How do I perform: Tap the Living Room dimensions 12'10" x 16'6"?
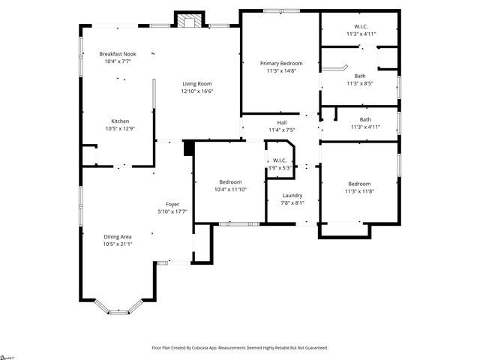pyautogui.click(x=197, y=91)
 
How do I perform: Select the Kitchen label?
pyautogui.click(x=121, y=121)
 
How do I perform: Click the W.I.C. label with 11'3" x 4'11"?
pyautogui.click(x=359, y=26)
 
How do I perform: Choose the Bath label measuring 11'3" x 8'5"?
pyautogui.click(x=359, y=76)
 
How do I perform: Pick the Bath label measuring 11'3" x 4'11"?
pyautogui.click(x=365, y=119)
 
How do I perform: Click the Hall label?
pyautogui.click(x=282, y=123)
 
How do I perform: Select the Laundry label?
pyautogui.click(x=282, y=195)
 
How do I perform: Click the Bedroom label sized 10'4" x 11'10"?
pyautogui.click(x=230, y=182)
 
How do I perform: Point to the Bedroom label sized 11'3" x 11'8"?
pyautogui.click(x=359, y=184)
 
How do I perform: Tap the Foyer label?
pyautogui.click(x=172, y=205)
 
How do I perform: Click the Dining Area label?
pyautogui.click(x=118, y=237)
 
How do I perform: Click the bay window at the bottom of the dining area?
pyautogui.click(x=118, y=309)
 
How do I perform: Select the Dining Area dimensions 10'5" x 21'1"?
pyautogui.click(x=118, y=244)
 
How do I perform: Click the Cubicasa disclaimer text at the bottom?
pyautogui.click(x=240, y=348)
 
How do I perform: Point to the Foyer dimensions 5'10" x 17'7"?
pyautogui.click(x=172, y=212)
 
